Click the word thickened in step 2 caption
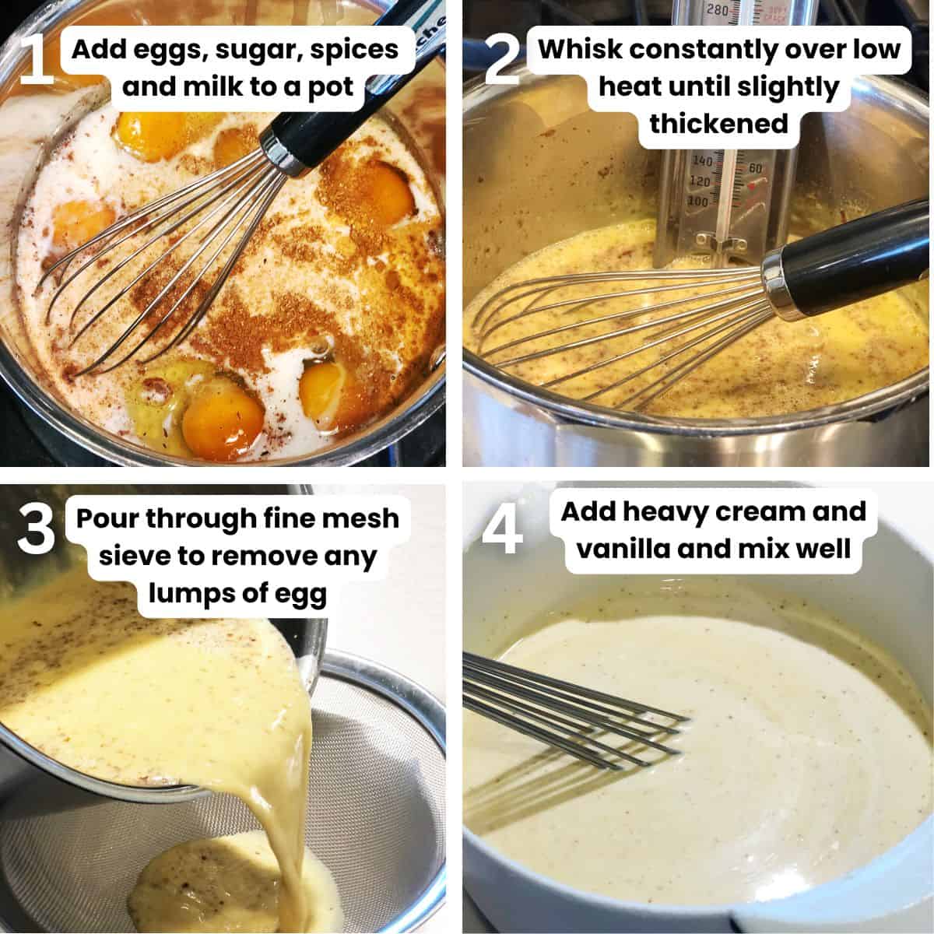(x=718, y=123)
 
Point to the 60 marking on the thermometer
(x=753, y=167)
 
